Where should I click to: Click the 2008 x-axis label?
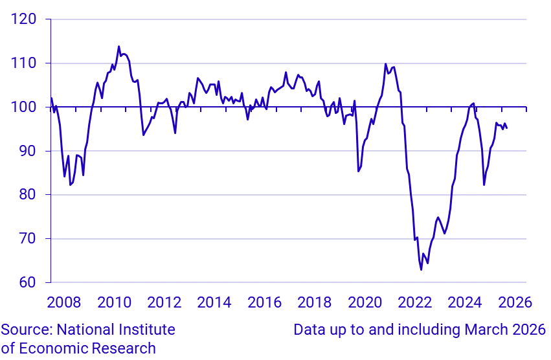click(x=64, y=302)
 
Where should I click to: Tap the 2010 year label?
click(x=115, y=302)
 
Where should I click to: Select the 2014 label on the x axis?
click(x=214, y=302)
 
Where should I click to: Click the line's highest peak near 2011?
click(x=118, y=47)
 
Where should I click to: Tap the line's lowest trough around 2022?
click(x=421, y=269)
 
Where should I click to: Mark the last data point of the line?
click(x=506, y=128)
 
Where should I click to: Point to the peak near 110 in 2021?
click(x=386, y=64)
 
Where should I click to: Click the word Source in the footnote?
click(x=25, y=330)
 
